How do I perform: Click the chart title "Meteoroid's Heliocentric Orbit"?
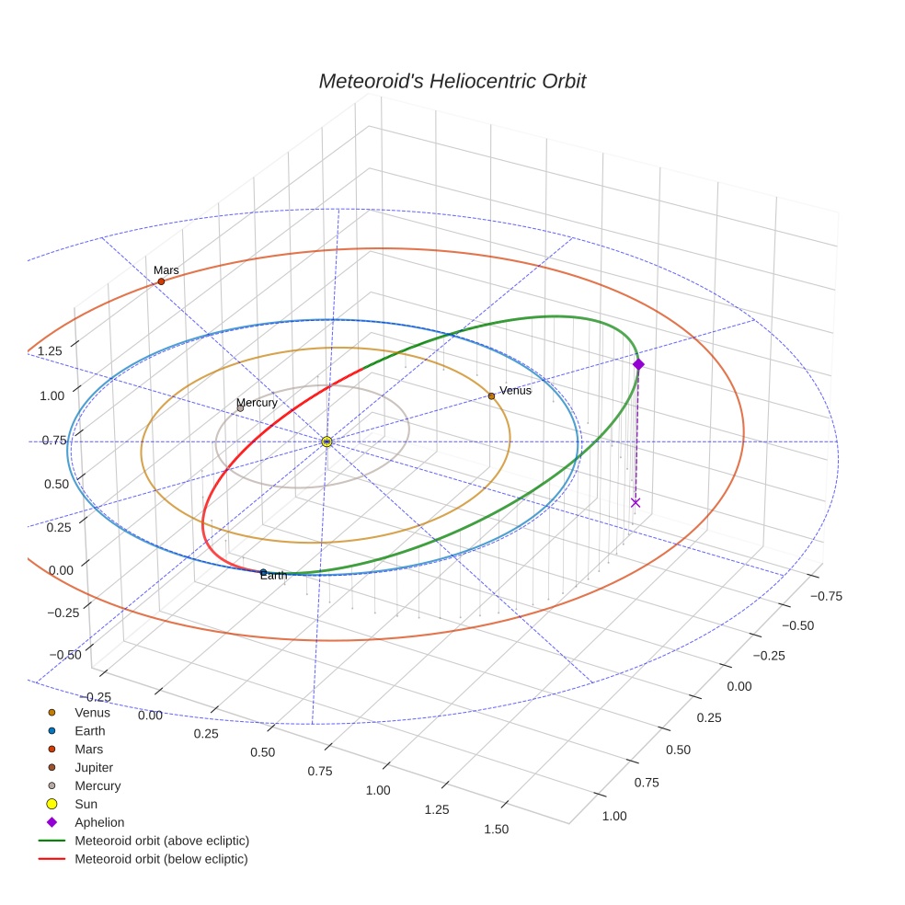point(452,81)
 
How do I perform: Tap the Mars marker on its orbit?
point(161,281)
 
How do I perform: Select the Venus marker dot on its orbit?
point(491,395)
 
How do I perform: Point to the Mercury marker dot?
point(240,408)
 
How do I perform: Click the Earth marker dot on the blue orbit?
point(263,572)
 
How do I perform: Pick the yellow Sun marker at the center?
point(326,441)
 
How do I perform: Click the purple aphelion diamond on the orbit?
point(638,365)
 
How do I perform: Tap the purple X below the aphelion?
point(635,502)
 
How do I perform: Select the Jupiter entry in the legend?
point(94,767)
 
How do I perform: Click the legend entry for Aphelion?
point(98,822)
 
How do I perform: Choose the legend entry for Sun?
point(87,804)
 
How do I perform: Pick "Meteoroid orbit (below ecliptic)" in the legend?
point(161,859)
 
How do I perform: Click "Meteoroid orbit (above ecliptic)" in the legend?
point(162,841)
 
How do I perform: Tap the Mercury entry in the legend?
point(97,785)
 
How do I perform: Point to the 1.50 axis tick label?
point(495,829)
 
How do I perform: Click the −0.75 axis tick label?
point(826,595)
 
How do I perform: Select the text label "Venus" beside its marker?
point(515,391)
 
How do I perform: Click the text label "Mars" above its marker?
point(166,270)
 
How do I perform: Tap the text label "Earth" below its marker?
point(273,576)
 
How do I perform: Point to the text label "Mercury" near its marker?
point(257,403)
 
